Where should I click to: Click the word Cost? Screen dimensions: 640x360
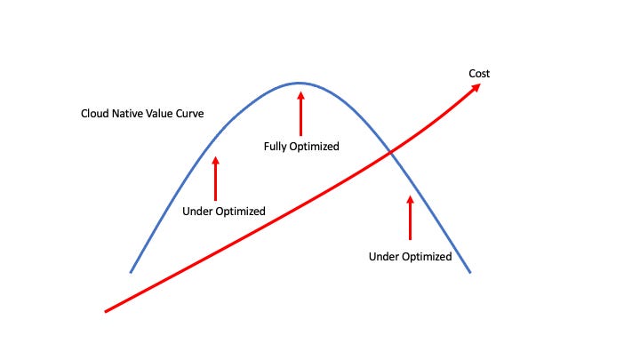479,73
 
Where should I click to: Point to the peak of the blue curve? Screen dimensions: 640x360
300,83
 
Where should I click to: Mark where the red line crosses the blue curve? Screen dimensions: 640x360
389,156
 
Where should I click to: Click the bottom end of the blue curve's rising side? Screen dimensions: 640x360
131,271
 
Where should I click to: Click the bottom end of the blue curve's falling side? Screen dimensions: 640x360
469,272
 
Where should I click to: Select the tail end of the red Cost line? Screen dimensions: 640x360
106,311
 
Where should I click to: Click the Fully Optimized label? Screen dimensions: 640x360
301,146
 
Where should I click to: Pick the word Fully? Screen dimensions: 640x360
274,146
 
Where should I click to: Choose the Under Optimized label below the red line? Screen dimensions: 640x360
410,257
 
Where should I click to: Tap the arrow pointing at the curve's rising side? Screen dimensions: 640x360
215,177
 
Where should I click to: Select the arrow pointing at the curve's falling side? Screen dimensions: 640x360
410,218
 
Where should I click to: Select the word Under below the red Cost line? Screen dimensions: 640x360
383,257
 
